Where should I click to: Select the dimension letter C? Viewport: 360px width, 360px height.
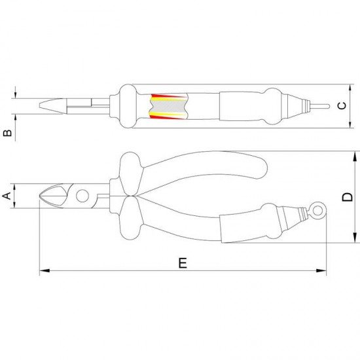(x=340, y=105)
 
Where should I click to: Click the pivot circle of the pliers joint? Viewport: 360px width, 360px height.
(x=81, y=196)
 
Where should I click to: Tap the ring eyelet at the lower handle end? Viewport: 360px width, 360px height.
(x=317, y=210)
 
